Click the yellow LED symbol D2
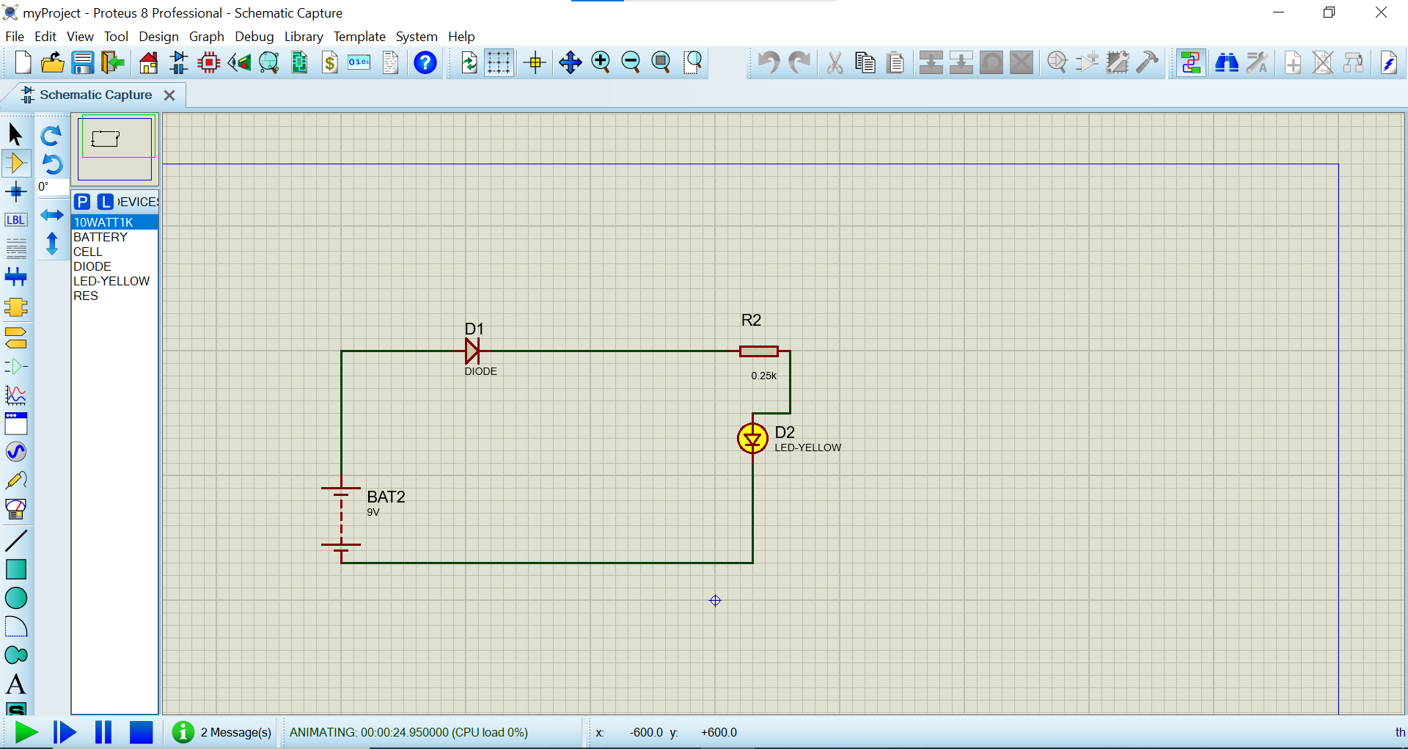pyautogui.click(x=752, y=439)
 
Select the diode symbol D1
pyautogui.click(x=472, y=351)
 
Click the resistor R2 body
pyautogui.click(x=758, y=351)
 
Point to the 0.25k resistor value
pyautogui.click(x=763, y=376)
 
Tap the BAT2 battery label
pyautogui.click(x=386, y=497)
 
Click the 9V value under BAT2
pyautogui.click(x=373, y=513)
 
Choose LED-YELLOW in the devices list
pyautogui.click(x=111, y=281)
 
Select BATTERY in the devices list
pyautogui.click(x=100, y=237)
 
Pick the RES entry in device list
pyautogui.click(x=86, y=296)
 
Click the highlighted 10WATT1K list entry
pyautogui.click(x=103, y=222)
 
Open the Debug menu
pyautogui.click(x=254, y=37)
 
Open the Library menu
pyautogui.click(x=304, y=37)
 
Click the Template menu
pyautogui.click(x=359, y=37)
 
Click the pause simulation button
pyautogui.click(x=103, y=732)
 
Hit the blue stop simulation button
pyautogui.click(x=141, y=732)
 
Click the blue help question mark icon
pyautogui.click(x=425, y=63)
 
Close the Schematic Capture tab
pyautogui.click(x=169, y=95)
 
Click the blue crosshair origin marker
pyautogui.click(x=716, y=601)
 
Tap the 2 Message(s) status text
pyautogui.click(x=235, y=732)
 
